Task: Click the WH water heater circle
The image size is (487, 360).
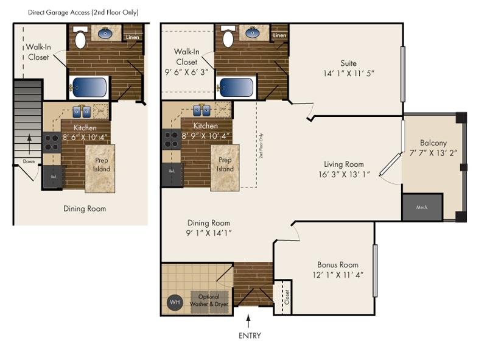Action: [x=175, y=302]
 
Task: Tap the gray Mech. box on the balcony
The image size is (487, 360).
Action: [x=422, y=208]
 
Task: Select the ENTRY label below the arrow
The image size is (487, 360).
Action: [x=250, y=335]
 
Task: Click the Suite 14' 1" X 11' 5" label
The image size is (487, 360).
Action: [x=348, y=68]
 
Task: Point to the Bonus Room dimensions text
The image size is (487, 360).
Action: [x=337, y=275]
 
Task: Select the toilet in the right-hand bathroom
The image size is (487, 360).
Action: [x=228, y=38]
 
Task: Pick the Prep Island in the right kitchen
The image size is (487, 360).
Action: [x=225, y=164]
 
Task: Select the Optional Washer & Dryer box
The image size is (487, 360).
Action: [x=209, y=300]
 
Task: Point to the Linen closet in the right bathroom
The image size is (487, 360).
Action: [x=279, y=35]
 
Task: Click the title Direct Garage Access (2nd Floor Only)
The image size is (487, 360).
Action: [x=83, y=12]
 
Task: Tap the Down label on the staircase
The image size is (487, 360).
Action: [x=29, y=161]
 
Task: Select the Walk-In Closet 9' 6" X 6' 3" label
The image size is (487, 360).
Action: [x=186, y=62]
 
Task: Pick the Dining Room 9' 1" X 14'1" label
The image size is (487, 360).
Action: [x=209, y=227]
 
